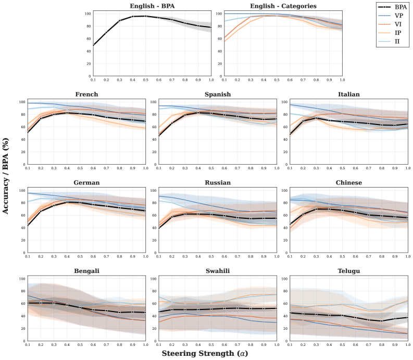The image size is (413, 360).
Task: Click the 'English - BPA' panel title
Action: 152,6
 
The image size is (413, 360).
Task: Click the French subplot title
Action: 86,95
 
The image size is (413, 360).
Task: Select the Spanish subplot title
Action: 217,95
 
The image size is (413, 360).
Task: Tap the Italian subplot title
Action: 348,95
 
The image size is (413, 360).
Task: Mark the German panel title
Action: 86,183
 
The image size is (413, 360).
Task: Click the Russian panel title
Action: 217,183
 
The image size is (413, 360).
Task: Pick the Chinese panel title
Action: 348,183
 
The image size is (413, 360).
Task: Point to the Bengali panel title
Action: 86,271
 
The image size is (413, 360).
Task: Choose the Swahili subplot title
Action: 217,271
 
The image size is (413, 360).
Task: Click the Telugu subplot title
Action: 348,271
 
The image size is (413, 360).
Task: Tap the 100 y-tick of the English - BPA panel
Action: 87,14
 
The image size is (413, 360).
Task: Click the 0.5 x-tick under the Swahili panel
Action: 211,344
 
